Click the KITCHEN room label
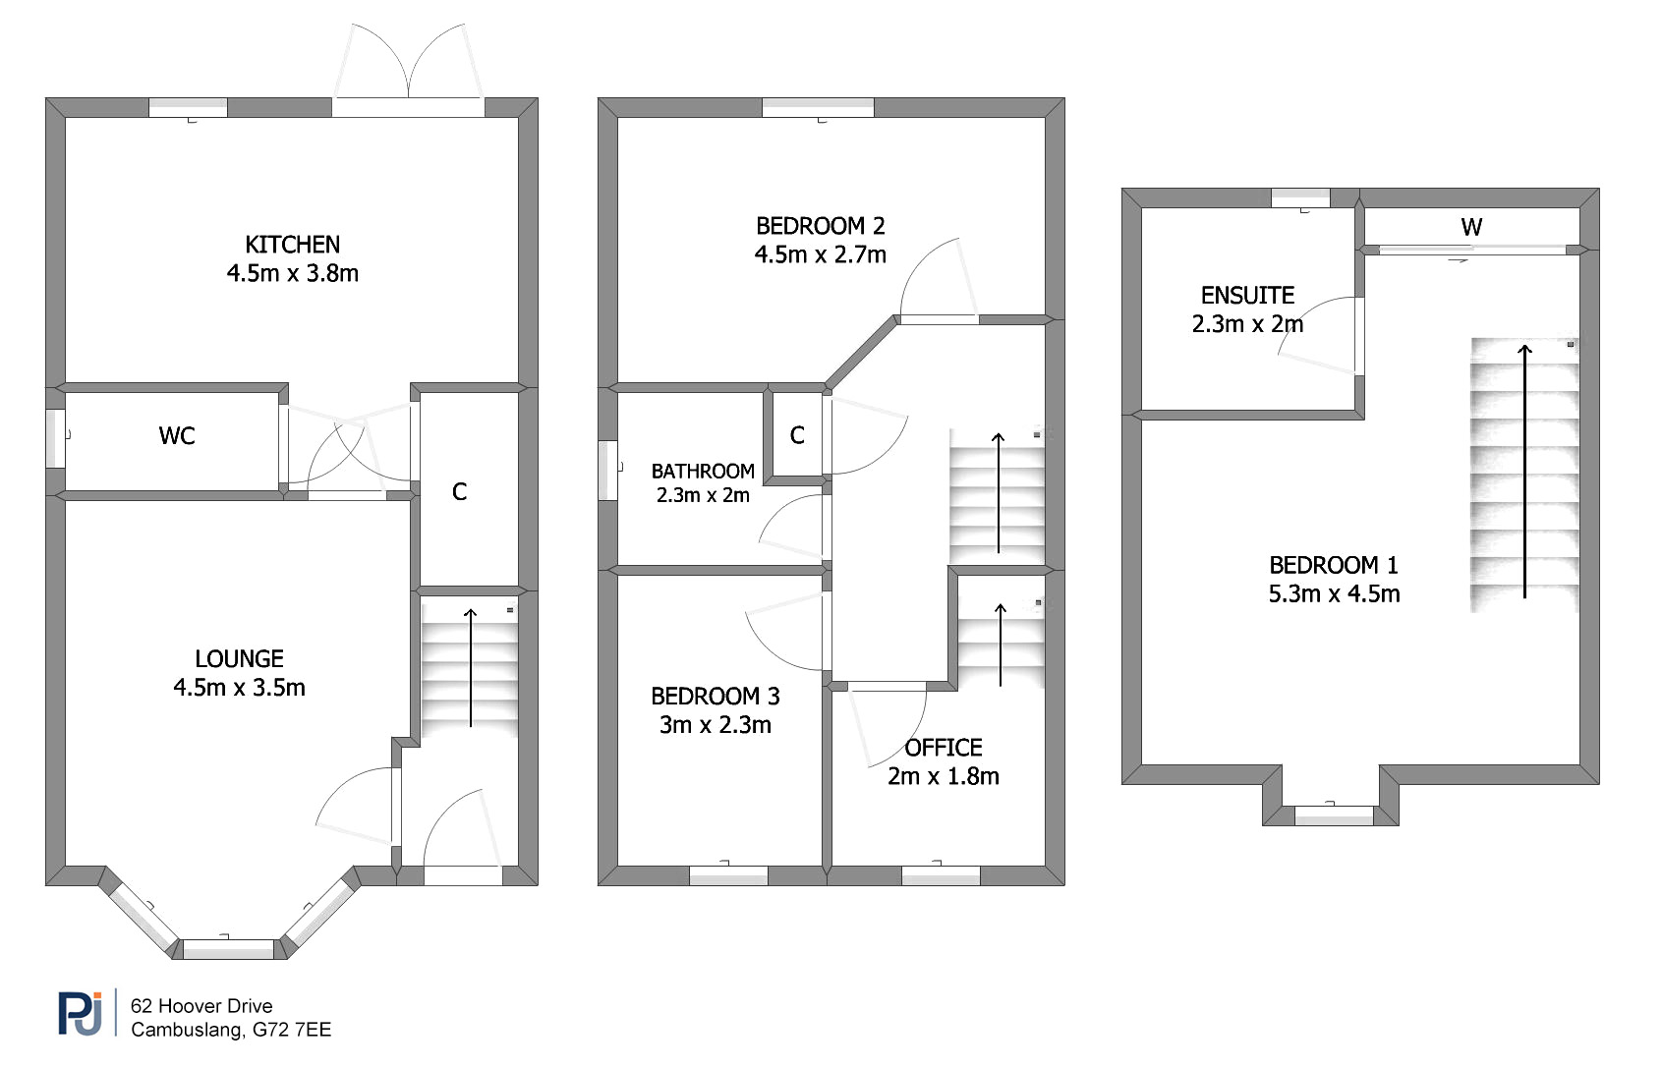pyautogui.click(x=292, y=245)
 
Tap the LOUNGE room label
pyautogui.click(x=239, y=659)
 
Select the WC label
pyautogui.click(x=177, y=435)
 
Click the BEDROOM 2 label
pyautogui.click(x=820, y=225)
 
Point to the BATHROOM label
pyautogui.click(x=703, y=472)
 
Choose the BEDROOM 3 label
pyautogui.click(x=716, y=697)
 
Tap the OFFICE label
pyautogui.click(x=943, y=748)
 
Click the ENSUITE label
pyautogui.click(x=1247, y=295)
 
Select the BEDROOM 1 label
pyautogui.click(x=1334, y=565)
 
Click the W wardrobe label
pyautogui.click(x=1471, y=227)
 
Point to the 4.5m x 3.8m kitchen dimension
pyautogui.click(x=292, y=273)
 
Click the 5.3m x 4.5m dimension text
pyautogui.click(x=1334, y=594)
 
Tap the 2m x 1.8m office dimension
pyautogui.click(x=943, y=776)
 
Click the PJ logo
pyautogui.click(x=81, y=1013)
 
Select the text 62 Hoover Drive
pyautogui.click(x=201, y=1006)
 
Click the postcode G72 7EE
pyautogui.click(x=292, y=1030)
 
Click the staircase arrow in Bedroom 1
pyautogui.click(x=1524, y=471)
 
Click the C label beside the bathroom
pyautogui.click(x=797, y=435)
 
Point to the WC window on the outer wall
pyautogui.click(x=56, y=438)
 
